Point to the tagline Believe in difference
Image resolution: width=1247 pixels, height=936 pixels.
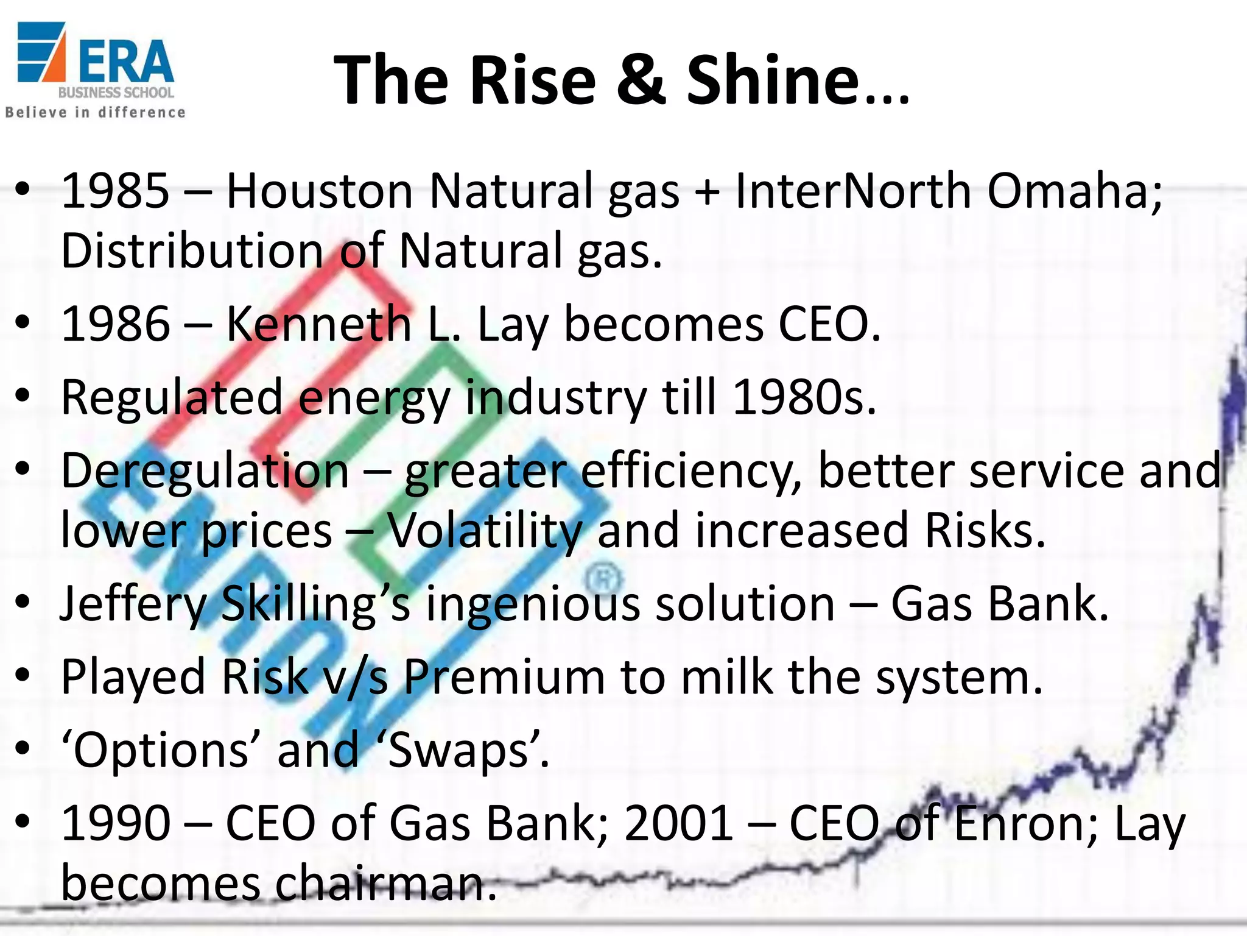pyautogui.click(x=95, y=113)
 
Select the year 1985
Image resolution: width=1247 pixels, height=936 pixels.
pyautogui.click(x=115, y=191)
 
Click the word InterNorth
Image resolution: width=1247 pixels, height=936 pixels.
pyautogui.click(x=853, y=191)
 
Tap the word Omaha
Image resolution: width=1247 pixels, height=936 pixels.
pyautogui.click(x=1074, y=191)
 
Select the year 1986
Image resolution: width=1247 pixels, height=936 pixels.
pyautogui.click(x=115, y=324)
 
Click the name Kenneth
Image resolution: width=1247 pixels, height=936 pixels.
pyautogui.click(x=318, y=324)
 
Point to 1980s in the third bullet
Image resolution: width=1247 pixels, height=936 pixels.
pyautogui.click(x=804, y=397)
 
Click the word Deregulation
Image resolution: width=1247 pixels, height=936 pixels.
pyautogui.click(x=206, y=470)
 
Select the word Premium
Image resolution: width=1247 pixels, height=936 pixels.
pyautogui.click(x=504, y=677)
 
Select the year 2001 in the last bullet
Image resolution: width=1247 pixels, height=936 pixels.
pyautogui.click(x=678, y=823)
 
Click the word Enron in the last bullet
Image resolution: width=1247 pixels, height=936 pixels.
pyautogui.click(x=1022, y=823)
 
